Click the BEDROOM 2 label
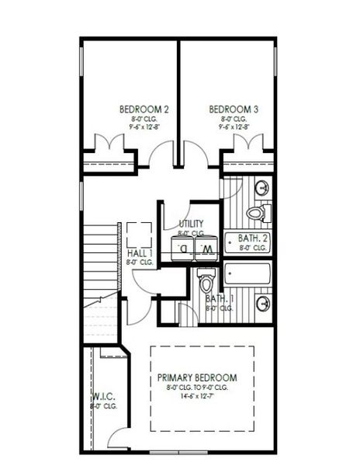click(139, 110)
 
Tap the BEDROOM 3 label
click(234, 110)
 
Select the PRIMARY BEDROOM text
click(202, 377)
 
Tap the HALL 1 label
click(140, 253)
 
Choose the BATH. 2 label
click(253, 238)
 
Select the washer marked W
click(207, 249)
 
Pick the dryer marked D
click(183, 249)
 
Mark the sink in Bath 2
click(262, 187)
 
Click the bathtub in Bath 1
click(247, 273)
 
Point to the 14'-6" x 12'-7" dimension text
click(202, 395)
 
